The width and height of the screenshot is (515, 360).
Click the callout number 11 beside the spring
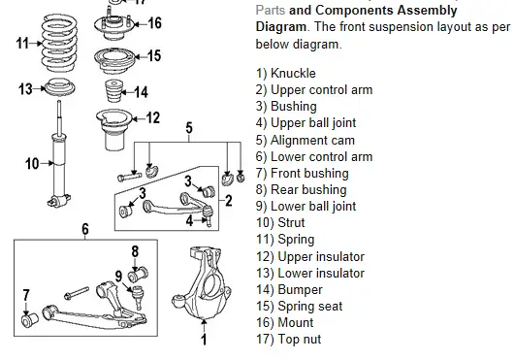(x=22, y=43)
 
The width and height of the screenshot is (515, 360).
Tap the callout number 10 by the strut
(x=32, y=163)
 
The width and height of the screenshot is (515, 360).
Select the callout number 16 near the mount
(x=153, y=23)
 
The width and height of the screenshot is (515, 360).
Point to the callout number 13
(x=26, y=89)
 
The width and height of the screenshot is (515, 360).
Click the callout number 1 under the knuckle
(x=204, y=341)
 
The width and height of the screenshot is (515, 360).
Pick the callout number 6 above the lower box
(x=85, y=229)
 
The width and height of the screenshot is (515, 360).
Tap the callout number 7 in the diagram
(x=26, y=293)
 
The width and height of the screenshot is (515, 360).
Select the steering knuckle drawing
(x=203, y=287)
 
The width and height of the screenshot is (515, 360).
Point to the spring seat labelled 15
(x=114, y=57)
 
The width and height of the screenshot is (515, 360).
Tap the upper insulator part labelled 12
(x=114, y=124)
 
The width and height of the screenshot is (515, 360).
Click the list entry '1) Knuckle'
(x=286, y=74)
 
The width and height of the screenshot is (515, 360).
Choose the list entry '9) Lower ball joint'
(x=306, y=207)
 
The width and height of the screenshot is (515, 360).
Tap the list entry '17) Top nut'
(x=288, y=340)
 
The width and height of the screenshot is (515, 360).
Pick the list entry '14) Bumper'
(x=291, y=289)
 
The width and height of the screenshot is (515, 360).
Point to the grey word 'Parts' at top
(x=271, y=9)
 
